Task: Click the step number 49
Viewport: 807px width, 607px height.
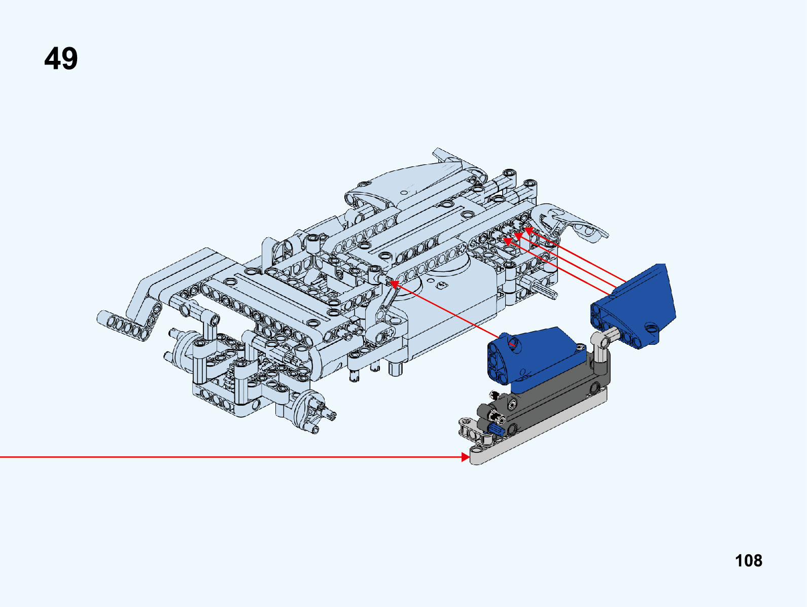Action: [61, 58]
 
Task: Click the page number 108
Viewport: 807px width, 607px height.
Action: [749, 561]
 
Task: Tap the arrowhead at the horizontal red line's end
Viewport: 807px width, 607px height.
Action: [466, 457]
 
